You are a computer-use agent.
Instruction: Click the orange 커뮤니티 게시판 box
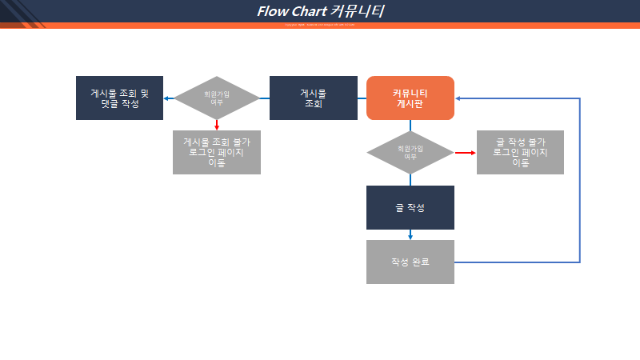410,98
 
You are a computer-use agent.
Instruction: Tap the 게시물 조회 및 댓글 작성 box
119,98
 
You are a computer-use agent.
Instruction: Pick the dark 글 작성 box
410,207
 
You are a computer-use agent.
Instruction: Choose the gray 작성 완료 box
410,262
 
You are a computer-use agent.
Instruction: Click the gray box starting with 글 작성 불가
520,152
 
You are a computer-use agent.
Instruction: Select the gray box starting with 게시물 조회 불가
217,152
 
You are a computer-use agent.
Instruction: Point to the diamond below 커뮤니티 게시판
410,152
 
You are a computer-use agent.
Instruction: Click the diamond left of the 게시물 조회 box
217,98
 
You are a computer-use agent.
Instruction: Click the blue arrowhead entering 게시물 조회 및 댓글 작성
167,98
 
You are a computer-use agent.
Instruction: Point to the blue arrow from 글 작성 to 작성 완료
410,234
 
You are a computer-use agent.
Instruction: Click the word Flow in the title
272,11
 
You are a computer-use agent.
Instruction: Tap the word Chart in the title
309,11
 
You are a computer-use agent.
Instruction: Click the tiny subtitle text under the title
320,25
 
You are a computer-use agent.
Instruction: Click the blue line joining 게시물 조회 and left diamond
265,98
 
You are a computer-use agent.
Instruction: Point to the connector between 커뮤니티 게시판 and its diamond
410,125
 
